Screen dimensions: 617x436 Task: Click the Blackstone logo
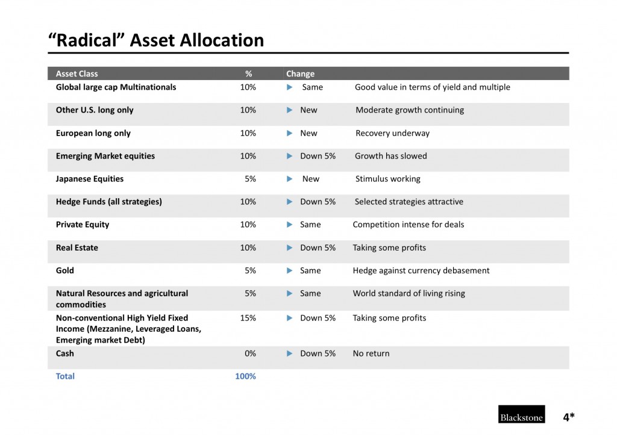521,414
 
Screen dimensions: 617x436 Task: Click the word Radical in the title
87,40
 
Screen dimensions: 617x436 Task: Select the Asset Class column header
77,73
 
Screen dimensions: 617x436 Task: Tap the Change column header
300,73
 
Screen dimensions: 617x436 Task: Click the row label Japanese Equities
90,179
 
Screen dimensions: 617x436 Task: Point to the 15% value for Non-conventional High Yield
248,317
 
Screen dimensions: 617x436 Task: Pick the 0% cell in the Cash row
250,353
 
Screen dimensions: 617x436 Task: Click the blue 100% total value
246,376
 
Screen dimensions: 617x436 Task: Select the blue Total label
65,376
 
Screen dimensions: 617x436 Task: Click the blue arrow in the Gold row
290,270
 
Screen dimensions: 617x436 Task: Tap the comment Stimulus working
388,179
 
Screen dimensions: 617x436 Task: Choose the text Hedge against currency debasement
421,270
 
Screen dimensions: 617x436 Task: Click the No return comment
371,353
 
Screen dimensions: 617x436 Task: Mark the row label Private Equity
83,225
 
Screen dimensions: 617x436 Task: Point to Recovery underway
393,133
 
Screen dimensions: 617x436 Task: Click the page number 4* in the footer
569,417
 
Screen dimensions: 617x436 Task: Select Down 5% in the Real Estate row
318,248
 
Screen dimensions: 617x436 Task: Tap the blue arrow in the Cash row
290,353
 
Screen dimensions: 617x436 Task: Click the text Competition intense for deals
409,225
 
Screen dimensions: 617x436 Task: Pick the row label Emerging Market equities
105,156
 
